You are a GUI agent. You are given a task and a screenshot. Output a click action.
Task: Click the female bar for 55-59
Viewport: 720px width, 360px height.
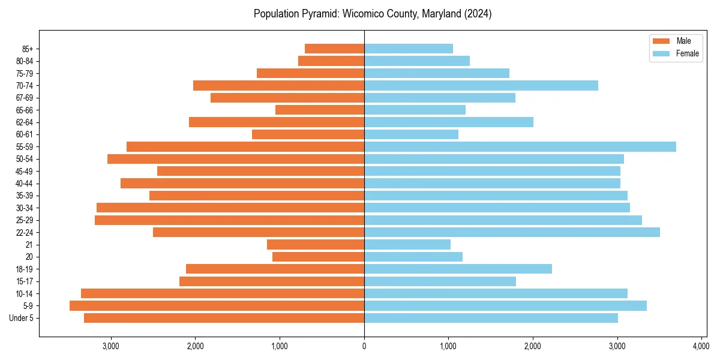520,147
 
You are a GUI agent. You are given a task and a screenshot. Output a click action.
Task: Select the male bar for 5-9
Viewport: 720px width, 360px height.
217,306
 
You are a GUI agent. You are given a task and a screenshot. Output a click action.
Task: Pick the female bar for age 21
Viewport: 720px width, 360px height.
407,245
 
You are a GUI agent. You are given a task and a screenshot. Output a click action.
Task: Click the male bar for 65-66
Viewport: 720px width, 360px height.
320,110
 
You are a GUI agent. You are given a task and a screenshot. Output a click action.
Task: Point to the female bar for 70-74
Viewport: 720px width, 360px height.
481,85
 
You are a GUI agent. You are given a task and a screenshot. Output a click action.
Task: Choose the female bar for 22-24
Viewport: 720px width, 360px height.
512,232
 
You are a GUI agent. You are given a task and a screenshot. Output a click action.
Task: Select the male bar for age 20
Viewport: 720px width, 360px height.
318,257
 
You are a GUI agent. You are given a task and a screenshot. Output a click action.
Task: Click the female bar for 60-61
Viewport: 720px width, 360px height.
411,134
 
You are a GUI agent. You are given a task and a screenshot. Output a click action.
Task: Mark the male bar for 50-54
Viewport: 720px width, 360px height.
236,159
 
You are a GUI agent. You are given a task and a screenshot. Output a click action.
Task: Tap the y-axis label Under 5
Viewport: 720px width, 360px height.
22,318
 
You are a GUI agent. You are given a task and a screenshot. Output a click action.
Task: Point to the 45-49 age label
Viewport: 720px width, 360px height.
25,171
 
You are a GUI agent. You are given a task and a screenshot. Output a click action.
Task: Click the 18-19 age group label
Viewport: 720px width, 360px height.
25,269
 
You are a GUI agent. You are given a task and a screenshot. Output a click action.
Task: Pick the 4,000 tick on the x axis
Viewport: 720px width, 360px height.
701,346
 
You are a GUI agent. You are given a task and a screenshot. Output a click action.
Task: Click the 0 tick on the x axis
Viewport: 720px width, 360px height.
364,346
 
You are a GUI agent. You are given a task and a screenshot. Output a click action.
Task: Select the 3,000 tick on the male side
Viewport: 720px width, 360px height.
111,346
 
